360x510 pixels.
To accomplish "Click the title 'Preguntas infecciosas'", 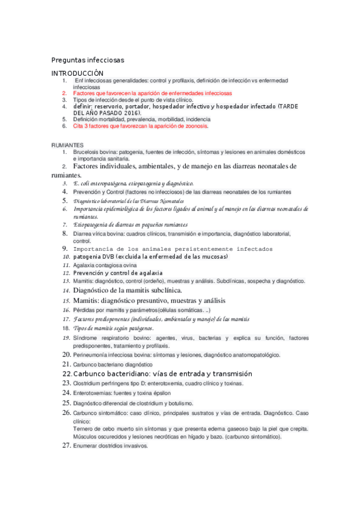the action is [x=88, y=60].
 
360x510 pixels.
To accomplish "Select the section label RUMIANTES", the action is [x=67, y=146].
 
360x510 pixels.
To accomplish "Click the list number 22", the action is [x=67, y=373].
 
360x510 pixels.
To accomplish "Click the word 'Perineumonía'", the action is [x=91, y=355].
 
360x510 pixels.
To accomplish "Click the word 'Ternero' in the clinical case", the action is [x=83, y=429].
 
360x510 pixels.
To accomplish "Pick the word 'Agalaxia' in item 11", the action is [x=84, y=265].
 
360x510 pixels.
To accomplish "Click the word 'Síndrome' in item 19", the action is [x=86, y=338].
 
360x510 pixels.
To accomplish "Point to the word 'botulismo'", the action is [x=191, y=403].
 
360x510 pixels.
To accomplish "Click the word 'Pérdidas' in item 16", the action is [x=84, y=310].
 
